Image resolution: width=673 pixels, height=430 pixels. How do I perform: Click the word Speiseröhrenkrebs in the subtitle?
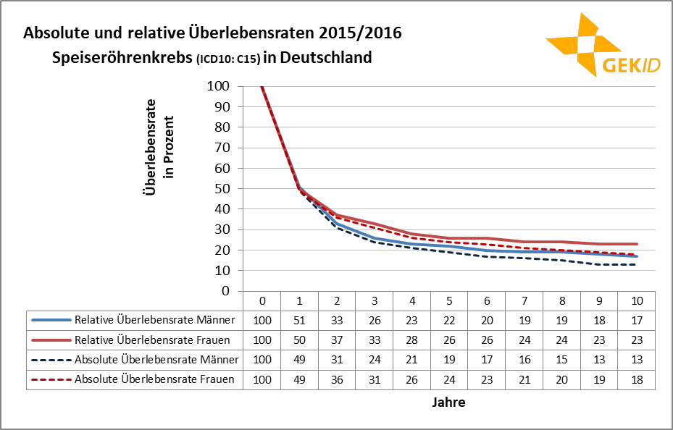123,57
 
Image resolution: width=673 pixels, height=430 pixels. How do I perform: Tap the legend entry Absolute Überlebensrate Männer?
154,359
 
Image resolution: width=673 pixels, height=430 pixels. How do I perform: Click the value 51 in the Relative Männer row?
299,319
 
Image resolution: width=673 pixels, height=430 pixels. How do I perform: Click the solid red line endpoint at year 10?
636,244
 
